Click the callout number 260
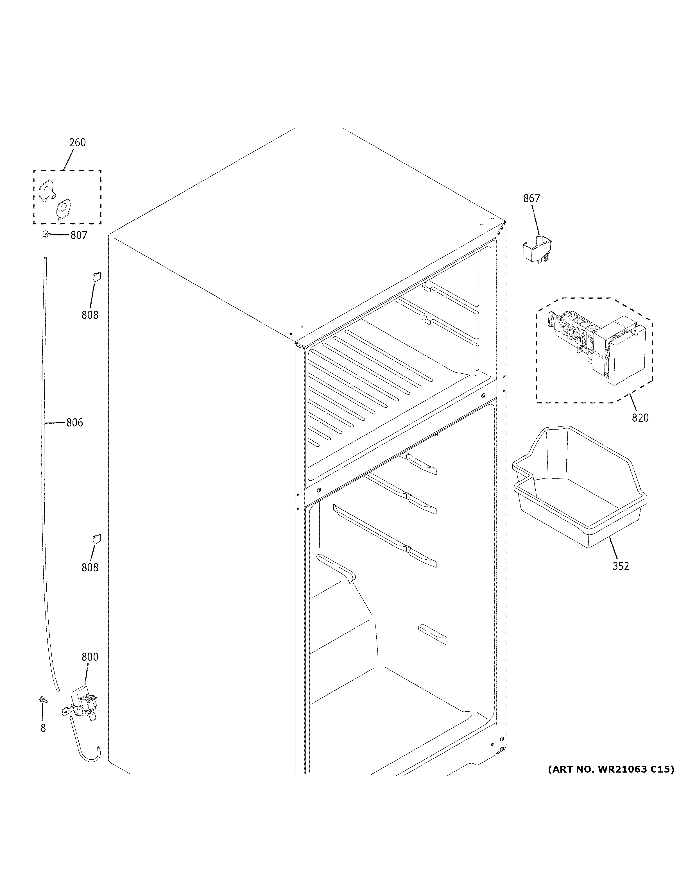[78, 143]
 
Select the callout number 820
[640, 418]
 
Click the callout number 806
[74, 423]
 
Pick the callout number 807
[79, 235]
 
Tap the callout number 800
[90, 657]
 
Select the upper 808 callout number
[90, 315]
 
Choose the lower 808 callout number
[90, 568]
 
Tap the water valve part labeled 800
[83, 705]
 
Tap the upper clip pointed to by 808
[96, 277]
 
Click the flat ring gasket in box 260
[64, 209]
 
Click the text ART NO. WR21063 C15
[610, 769]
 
